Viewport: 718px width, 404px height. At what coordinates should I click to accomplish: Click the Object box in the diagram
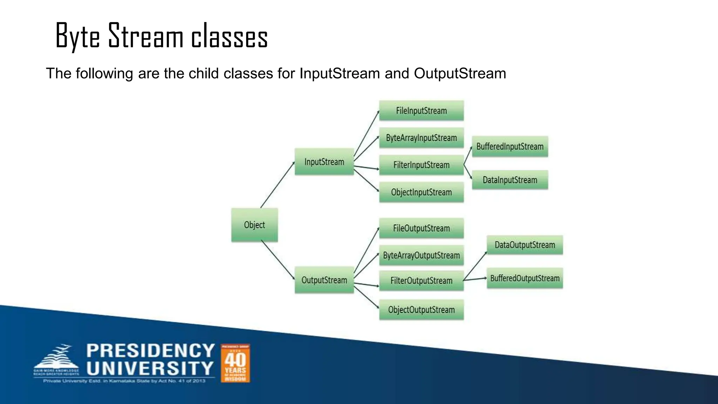255,225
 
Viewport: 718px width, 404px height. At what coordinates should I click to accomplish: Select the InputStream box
324,162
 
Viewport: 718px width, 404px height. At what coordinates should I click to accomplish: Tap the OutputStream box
324,280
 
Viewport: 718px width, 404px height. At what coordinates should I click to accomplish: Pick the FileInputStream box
421,111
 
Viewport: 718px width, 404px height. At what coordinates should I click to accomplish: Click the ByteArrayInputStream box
421,138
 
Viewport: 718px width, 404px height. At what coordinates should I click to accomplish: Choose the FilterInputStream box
421,165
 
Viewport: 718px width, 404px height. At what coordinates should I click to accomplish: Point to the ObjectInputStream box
421,192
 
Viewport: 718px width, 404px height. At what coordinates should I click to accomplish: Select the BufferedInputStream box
510,147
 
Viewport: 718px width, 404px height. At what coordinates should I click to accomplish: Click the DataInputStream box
510,180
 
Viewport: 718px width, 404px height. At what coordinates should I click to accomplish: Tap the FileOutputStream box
421,228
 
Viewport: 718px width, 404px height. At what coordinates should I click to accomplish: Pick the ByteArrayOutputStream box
421,255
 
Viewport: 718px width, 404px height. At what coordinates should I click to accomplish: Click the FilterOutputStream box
421,281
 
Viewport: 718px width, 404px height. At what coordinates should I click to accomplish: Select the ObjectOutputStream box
421,310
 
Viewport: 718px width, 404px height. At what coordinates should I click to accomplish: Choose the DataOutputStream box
525,245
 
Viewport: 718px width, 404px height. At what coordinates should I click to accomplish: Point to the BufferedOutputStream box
525,278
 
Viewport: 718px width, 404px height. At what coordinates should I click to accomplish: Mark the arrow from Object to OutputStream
278,260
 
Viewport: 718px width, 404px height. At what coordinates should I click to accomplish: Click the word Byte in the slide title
77,36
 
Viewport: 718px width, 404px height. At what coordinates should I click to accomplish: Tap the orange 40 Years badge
235,363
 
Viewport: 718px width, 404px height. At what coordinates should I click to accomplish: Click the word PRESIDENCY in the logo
150,351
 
